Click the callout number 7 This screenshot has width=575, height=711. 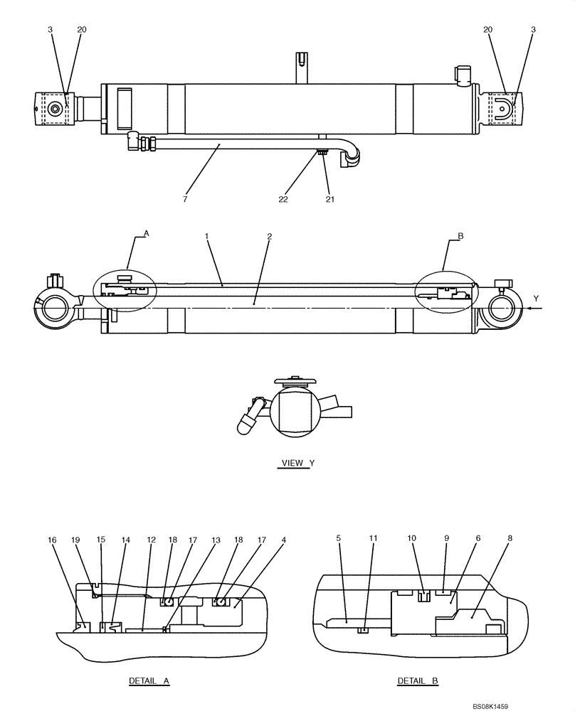point(184,200)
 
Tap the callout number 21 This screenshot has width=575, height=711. point(329,200)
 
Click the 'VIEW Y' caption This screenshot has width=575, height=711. point(297,463)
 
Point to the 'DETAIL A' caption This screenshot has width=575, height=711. point(149,680)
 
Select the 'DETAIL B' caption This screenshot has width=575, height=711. point(418,680)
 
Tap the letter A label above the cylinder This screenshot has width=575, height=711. point(147,232)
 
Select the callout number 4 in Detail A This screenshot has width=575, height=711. point(283,540)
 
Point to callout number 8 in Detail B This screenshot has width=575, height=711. point(510,539)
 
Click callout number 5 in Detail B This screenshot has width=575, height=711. point(339,539)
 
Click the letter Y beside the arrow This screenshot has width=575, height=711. point(536,298)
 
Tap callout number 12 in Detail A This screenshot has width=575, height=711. point(151,540)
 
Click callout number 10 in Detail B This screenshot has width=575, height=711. point(411,539)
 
